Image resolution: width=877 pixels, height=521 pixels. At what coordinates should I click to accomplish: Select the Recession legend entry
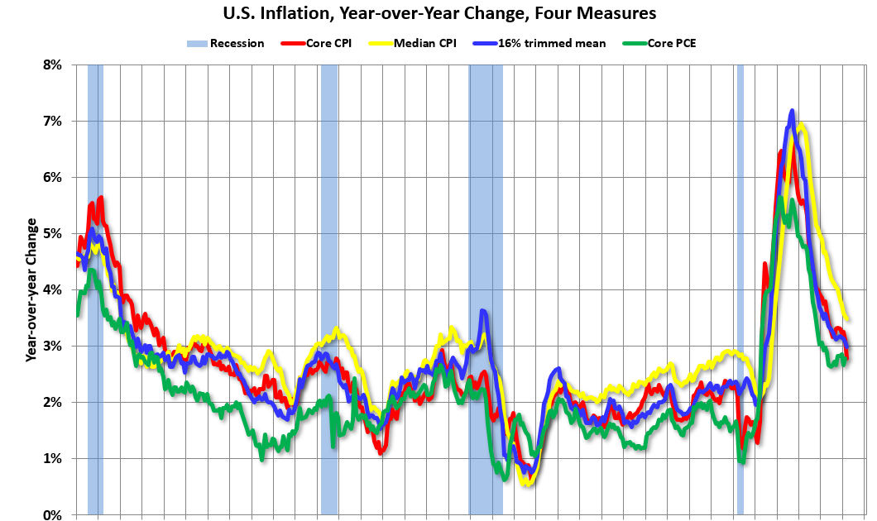click(x=224, y=43)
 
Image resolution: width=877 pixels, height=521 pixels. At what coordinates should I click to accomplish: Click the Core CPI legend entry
click(x=317, y=43)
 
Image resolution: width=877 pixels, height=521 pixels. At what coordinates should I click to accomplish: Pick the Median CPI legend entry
click(x=416, y=43)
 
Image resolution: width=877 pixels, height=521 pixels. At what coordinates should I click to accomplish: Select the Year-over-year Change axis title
click(x=31, y=289)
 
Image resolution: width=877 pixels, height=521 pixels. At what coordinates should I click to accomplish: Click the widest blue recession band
click(x=486, y=289)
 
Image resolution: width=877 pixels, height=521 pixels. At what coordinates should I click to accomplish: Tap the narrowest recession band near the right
click(x=740, y=289)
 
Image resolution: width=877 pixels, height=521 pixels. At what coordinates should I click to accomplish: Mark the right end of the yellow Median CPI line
click(x=847, y=318)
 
